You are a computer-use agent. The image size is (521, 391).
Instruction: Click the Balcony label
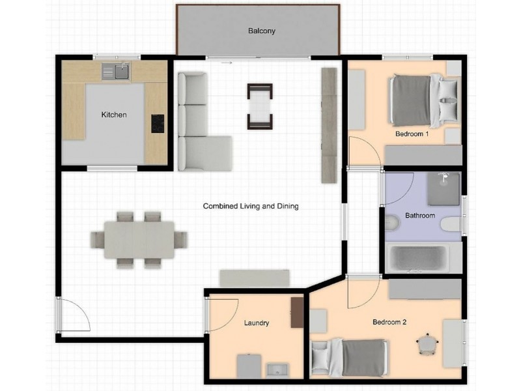(x=257, y=31)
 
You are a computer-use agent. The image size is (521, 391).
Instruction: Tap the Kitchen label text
(x=114, y=115)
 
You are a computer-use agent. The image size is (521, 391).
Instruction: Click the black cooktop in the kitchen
(x=158, y=123)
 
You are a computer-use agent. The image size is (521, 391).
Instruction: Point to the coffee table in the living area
(x=260, y=106)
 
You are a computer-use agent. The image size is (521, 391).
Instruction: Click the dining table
(x=139, y=239)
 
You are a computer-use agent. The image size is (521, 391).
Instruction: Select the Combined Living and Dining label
(x=251, y=207)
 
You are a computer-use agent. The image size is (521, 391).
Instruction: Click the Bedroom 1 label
(x=412, y=134)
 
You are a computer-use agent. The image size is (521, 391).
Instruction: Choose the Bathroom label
(x=420, y=215)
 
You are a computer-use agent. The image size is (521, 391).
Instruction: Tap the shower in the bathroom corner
(x=444, y=188)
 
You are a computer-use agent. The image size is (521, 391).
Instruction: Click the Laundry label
(x=257, y=323)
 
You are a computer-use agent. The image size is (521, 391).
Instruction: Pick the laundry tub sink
(x=277, y=369)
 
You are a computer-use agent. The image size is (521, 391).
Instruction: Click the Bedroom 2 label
(x=389, y=322)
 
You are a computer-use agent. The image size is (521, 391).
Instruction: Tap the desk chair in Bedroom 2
(x=427, y=343)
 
